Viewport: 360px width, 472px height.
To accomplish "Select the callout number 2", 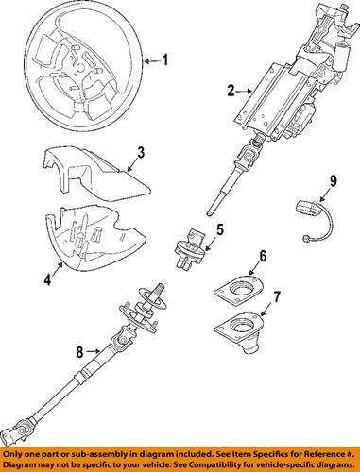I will point(231,92).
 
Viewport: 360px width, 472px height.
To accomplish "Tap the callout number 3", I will point(140,152).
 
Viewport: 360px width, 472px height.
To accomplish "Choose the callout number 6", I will point(263,281).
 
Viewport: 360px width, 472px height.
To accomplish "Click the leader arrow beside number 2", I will point(243,92).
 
